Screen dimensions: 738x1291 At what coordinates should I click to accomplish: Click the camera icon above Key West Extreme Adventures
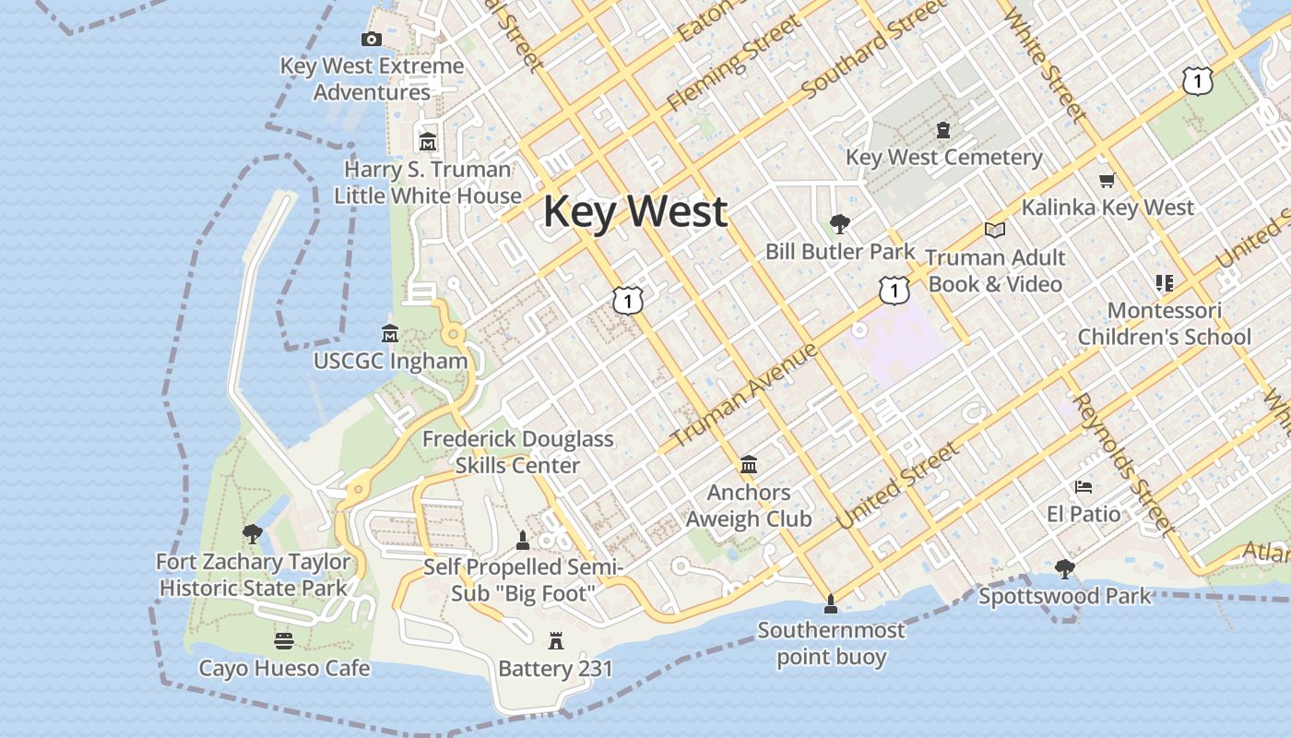point(372,39)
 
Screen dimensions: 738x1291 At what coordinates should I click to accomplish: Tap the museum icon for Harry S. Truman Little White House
point(428,142)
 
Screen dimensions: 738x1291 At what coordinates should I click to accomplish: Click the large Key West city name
point(635,211)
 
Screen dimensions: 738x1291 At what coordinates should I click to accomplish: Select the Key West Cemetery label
point(944,158)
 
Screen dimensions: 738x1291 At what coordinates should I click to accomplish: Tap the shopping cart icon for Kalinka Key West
point(1107,181)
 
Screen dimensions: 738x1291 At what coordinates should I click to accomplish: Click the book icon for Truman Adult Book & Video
point(994,230)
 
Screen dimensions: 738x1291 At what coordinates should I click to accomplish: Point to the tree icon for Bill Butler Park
point(839,223)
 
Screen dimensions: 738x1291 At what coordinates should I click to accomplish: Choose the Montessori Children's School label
point(1165,324)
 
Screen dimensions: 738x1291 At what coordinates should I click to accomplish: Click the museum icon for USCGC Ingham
point(389,333)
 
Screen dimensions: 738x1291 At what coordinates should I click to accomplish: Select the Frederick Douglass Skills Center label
point(517,452)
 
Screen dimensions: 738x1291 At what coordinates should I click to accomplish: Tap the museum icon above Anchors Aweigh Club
point(749,464)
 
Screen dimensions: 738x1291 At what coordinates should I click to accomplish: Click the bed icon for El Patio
point(1084,486)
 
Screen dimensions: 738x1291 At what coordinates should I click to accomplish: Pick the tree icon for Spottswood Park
point(1065,568)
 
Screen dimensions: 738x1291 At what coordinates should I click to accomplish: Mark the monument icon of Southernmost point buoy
point(831,603)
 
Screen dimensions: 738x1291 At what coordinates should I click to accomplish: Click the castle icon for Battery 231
point(555,640)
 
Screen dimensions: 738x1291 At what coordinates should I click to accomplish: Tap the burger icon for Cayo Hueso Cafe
point(284,640)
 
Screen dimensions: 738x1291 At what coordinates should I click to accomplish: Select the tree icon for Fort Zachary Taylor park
point(252,533)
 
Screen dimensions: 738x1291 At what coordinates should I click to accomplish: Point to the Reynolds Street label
point(1124,466)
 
